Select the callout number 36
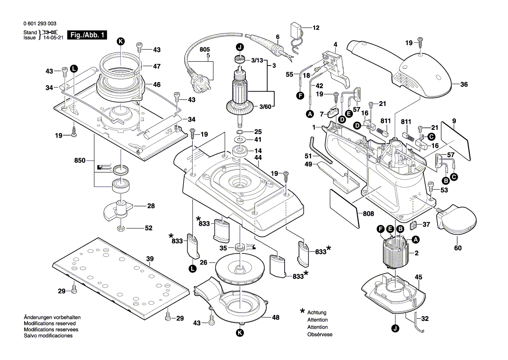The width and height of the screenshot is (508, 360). pyautogui.click(x=464, y=85)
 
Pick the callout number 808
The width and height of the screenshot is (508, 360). pyautogui.click(x=369, y=214)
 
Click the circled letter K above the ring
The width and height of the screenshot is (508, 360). pyautogui.click(x=121, y=41)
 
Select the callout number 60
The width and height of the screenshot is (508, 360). pyautogui.click(x=458, y=248)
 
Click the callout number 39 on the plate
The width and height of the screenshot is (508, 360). pyautogui.click(x=150, y=259)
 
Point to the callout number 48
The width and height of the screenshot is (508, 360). pyautogui.click(x=276, y=317)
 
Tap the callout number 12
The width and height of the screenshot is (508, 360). pyautogui.click(x=316, y=28)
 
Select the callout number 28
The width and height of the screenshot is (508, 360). pyautogui.click(x=151, y=206)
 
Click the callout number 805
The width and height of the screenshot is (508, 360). pyautogui.click(x=204, y=50)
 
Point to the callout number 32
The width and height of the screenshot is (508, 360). pyautogui.click(x=425, y=318)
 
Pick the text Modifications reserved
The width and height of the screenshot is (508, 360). pyautogui.click(x=50, y=324)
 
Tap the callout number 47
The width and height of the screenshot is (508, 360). pyautogui.click(x=157, y=66)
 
